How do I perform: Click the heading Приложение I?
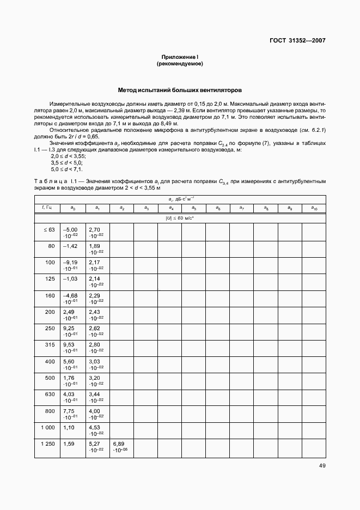click(x=180, y=57)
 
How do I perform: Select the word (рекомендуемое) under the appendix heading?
click(x=180, y=64)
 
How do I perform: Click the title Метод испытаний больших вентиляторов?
click(x=180, y=90)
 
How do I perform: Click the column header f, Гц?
click(x=47, y=208)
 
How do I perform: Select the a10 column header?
click(x=314, y=208)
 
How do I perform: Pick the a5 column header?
click(x=193, y=208)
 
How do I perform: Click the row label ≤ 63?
click(x=49, y=229)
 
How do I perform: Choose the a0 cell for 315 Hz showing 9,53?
click(x=71, y=348)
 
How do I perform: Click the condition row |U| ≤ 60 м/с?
click(x=180, y=217)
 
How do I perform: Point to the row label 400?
click(x=50, y=361)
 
